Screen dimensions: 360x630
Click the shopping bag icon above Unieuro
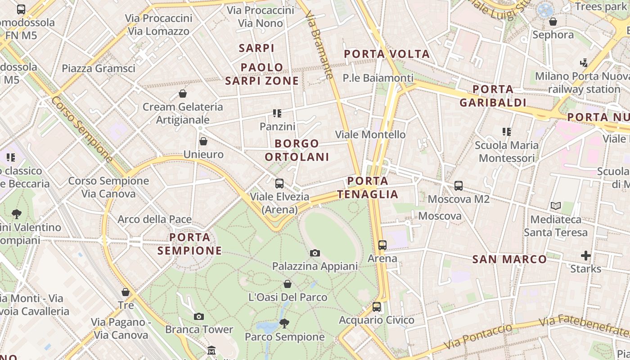[203, 141]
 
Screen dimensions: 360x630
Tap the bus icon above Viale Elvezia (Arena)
[279, 184]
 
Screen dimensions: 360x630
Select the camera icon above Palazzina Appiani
[315, 253]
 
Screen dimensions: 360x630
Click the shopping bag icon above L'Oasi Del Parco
[288, 284]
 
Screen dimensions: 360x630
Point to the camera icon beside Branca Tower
[199, 316]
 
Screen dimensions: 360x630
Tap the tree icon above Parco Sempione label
[284, 323]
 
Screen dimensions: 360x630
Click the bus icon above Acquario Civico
[377, 307]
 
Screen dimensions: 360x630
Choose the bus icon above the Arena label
[382, 245]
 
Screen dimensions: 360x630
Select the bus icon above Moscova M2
[459, 185]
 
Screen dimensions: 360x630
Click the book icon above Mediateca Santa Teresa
[556, 206]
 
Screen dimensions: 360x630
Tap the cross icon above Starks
[585, 256]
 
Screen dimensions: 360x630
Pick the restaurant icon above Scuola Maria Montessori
[507, 132]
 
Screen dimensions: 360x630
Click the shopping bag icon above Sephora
[553, 21]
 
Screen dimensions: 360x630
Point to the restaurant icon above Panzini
[277, 113]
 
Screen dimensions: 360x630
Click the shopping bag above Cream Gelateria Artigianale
[183, 94]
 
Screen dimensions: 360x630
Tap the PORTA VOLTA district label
[387, 54]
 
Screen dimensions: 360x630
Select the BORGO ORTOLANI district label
[297, 150]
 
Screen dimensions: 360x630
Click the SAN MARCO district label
[509, 259]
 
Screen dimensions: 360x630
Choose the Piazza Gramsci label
[99, 68]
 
